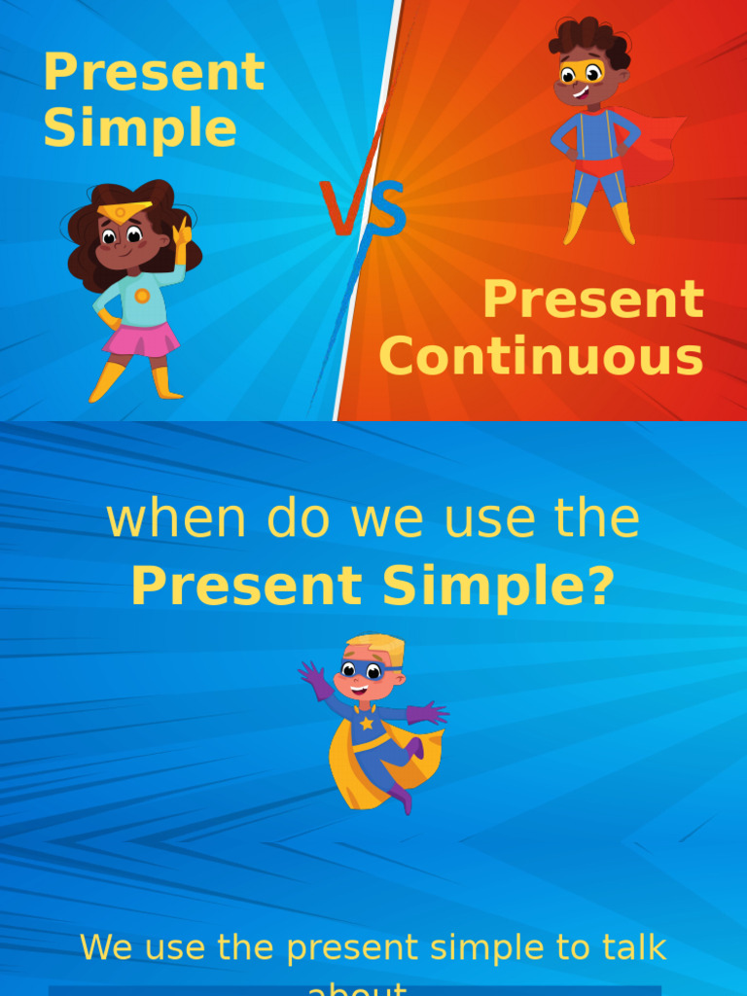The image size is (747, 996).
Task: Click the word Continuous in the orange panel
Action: click(541, 357)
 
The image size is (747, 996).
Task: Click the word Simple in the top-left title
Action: click(139, 128)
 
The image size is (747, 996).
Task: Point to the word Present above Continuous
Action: click(592, 300)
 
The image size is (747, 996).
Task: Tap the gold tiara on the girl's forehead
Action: click(124, 210)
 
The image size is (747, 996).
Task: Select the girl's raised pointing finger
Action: click(182, 229)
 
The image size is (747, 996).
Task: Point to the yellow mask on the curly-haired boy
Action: click(580, 72)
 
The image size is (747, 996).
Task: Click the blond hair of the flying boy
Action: click(377, 647)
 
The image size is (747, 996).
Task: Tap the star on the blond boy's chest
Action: click(367, 723)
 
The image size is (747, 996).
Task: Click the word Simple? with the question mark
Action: click(497, 587)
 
